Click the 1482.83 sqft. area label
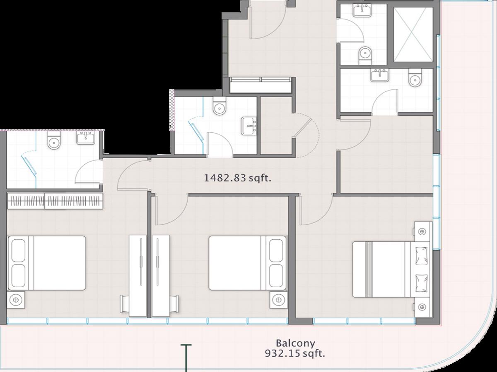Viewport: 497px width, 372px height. pyautogui.click(x=237, y=178)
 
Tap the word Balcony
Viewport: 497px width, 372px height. pyautogui.click(x=295, y=343)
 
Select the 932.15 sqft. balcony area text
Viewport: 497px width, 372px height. pyautogui.click(x=295, y=353)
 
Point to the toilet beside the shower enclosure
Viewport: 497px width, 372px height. pyautogui.click(x=365, y=55)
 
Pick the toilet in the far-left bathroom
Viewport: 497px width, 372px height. pyautogui.click(x=54, y=140)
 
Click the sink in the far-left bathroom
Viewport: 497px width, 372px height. pyautogui.click(x=86, y=138)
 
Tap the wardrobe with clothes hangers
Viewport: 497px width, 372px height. pyautogui.click(x=55, y=200)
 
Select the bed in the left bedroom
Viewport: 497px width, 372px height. pyautogui.click(x=47, y=263)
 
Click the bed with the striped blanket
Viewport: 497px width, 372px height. pyautogui.click(x=391, y=269)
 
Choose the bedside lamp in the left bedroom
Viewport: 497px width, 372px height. pyautogui.click(x=16, y=300)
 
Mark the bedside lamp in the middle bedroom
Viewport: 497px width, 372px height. pyautogui.click(x=278, y=300)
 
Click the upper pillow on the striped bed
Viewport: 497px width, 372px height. pyautogui.click(x=422, y=255)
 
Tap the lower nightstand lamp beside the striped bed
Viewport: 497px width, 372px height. pyautogui.click(x=422, y=307)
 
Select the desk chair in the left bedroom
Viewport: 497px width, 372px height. pyautogui.click(x=125, y=303)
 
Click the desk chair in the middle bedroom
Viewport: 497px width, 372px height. pyautogui.click(x=174, y=303)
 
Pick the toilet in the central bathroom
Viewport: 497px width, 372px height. pyautogui.click(x=220, y=106)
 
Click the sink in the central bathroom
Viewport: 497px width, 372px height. pyautogui.click(x=249, y=126)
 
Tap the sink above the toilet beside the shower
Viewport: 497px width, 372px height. pyautogui.click(x=362, y=10)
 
